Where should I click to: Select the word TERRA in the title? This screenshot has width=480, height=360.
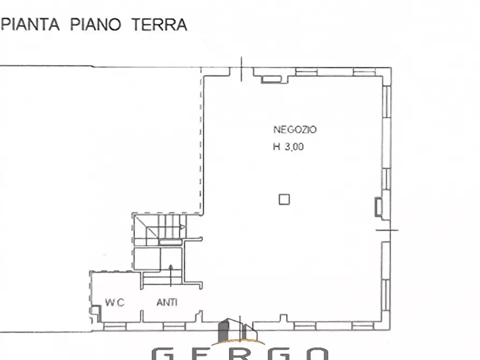[x=161, y=25]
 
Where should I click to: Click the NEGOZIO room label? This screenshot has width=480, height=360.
[x=295, y=129]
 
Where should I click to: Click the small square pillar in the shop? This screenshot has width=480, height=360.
[x=284, y=200]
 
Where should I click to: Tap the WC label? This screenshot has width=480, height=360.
[x=114, y=303]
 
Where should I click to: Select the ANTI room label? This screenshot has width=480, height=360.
[x=167, y=303]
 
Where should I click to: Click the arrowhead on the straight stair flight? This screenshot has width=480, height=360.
[x=171, y=268]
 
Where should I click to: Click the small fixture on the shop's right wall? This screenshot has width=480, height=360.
[x=379, y=206]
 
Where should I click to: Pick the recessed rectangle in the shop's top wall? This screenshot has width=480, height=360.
[x=271, y=80]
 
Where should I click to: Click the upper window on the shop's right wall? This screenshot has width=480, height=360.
[x=387, y=102]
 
